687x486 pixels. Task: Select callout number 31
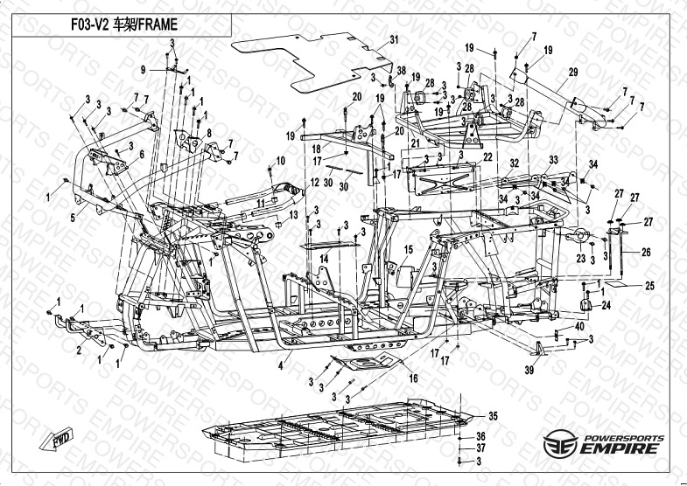pyautogui.click(x=394, y=40)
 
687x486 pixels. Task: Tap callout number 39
pyautogui.click(x=528, y=371)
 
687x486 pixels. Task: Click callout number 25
pyautogui.click(x=649, y=285)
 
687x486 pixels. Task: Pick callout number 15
pyautogui.click(x=408, y=250)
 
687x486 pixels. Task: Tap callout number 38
pyautogui.click(x=401, y=70)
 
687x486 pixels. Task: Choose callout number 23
pyautogui.click(x=579, y=259)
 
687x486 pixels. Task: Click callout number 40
pyautogui.click(x=579, y=326)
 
